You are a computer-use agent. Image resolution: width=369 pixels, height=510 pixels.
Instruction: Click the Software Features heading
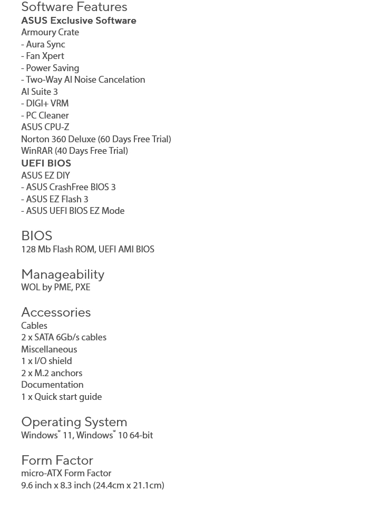coord(74,7)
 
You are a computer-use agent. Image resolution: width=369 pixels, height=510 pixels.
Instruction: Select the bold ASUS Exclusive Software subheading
coord(79,21)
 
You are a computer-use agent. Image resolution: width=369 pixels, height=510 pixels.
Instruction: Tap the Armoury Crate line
coord(50,32)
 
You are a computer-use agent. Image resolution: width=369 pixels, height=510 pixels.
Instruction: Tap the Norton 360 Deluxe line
coord(96,139)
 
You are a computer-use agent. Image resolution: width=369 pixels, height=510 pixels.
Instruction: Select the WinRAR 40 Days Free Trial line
coord(74,151)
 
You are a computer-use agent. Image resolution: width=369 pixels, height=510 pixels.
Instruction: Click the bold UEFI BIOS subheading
coord(46,163)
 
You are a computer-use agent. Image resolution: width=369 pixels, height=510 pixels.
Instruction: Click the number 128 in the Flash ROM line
coord(28,249)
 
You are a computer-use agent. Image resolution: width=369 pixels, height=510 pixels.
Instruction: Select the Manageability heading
coord(63,274)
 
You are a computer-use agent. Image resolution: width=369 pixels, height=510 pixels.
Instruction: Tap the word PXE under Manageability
coord(83,287)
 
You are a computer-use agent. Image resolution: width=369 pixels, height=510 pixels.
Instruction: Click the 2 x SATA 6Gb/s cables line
coord(64,337)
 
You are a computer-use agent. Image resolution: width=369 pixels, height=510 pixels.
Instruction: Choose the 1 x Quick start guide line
coord(61,397)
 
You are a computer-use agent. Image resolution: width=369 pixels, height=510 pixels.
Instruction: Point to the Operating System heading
coord(74,421)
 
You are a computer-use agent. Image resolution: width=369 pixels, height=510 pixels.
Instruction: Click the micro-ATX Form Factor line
coord(66,473)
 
